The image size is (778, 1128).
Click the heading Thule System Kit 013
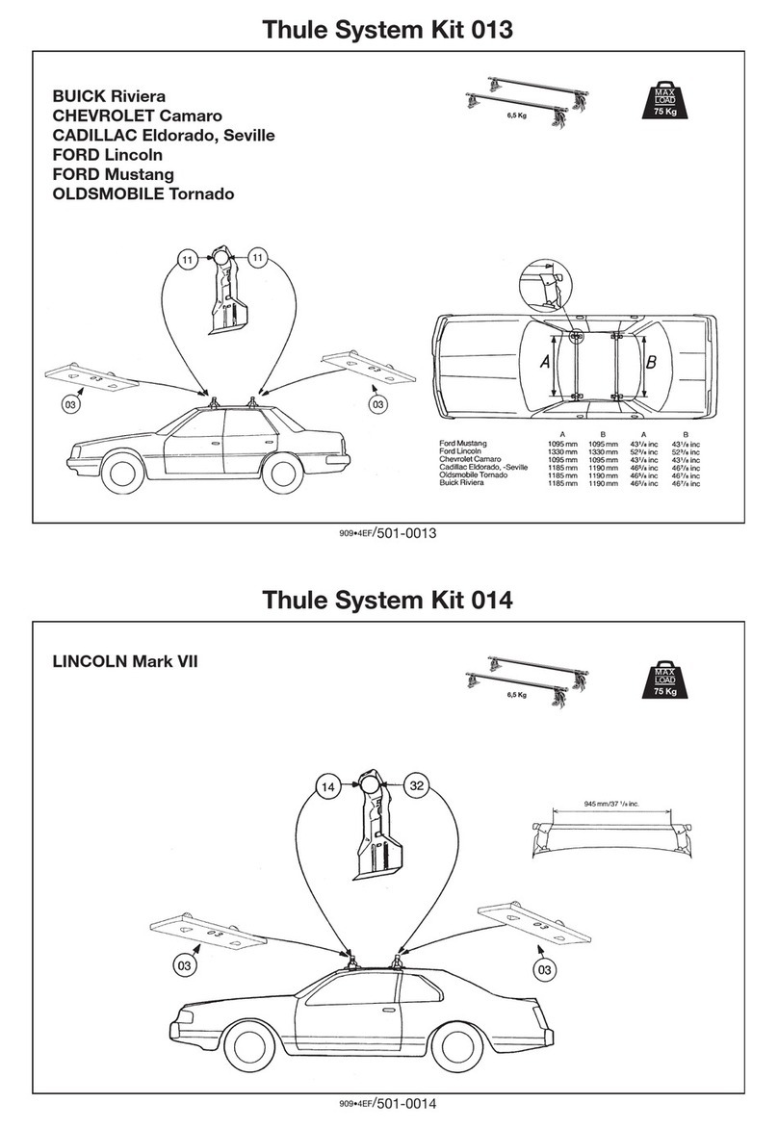[388, 29]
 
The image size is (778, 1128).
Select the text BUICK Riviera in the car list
[108, 96]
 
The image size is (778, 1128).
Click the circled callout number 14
[327, 786]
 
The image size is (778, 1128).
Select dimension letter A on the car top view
[543, 363]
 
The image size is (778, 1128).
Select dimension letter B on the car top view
[650, 363]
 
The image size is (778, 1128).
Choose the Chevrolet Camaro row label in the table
[472, 459]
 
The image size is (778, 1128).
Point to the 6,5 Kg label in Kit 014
[518, 695]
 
